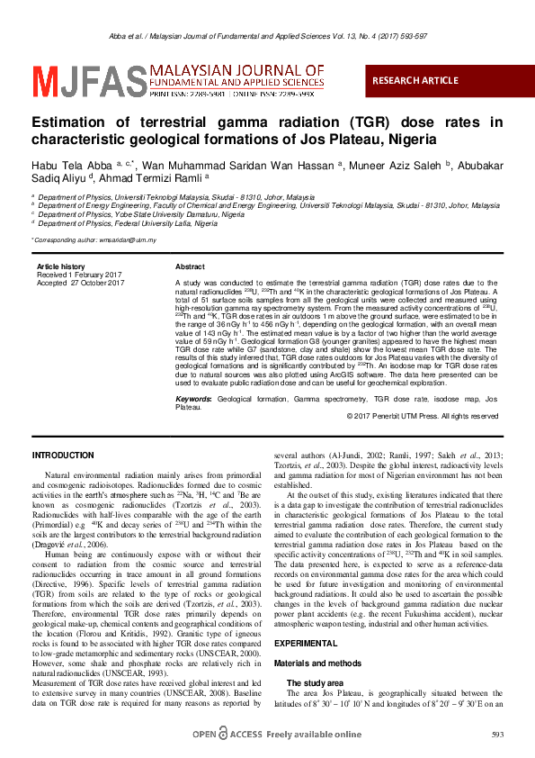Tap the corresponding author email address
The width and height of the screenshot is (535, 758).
pyautogui.click(x=127, y=240)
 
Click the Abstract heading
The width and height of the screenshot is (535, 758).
pyautogui.click(x=190, y=267)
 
